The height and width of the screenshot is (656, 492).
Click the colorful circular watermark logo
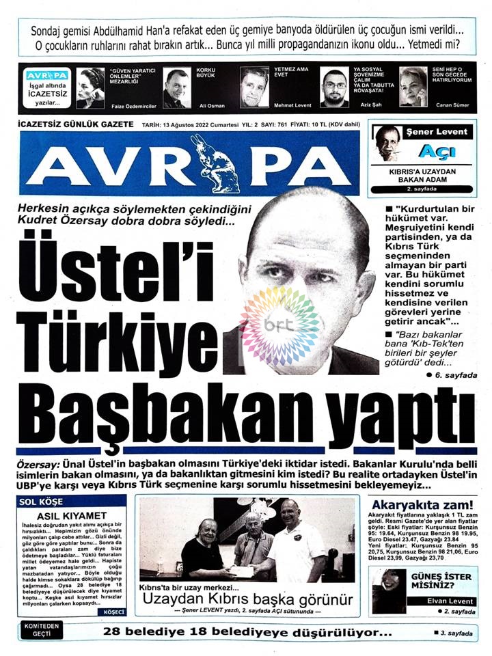pyautogui.click(x=281, y=326)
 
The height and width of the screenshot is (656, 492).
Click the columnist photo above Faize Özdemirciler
pyautogui.click(x=90, y=87)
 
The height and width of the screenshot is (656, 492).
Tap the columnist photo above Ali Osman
pyautogui.click(x=176, y=87)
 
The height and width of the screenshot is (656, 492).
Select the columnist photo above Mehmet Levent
pyautogui.click(x=254, y=87)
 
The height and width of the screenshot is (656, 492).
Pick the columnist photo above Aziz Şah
pyautogui.click(x=334, y=87)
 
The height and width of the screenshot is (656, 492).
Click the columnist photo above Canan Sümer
pyautogui.click(x=413, y=87)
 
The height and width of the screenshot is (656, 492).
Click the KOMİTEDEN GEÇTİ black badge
pyautogui.click(x=42, y=629)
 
